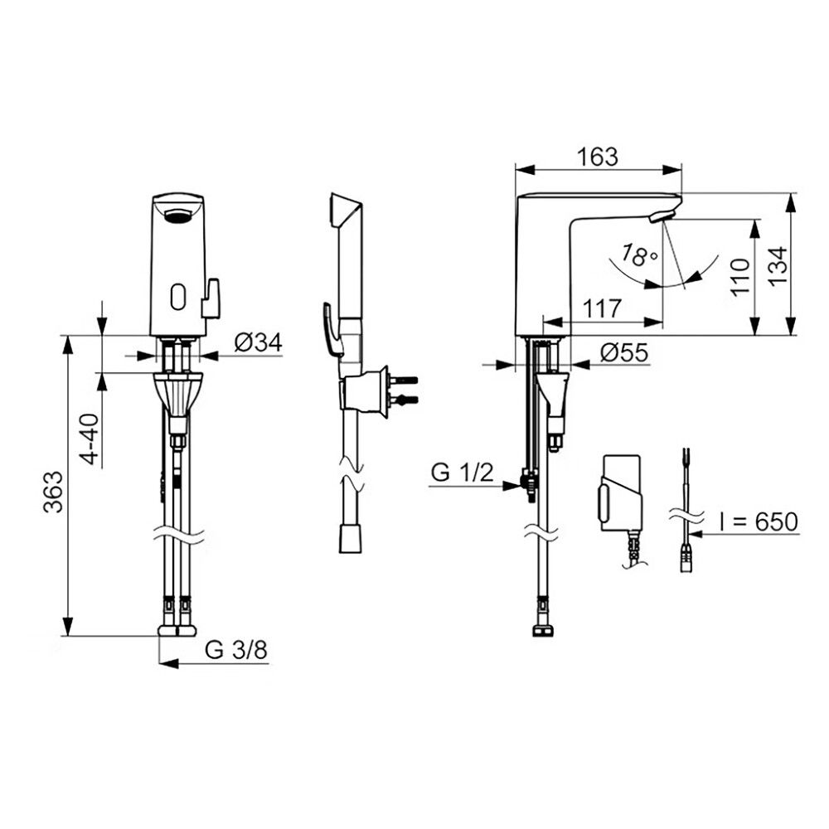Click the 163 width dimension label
[597, 157]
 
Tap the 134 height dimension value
[778, 266]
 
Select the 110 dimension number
[739, 277]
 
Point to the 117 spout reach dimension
[601, 308]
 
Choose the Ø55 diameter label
[624, 352]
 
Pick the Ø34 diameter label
[258, 342]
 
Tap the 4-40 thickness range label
[90, 439]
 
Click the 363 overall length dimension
[53, 492]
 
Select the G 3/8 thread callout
[236, 650]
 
